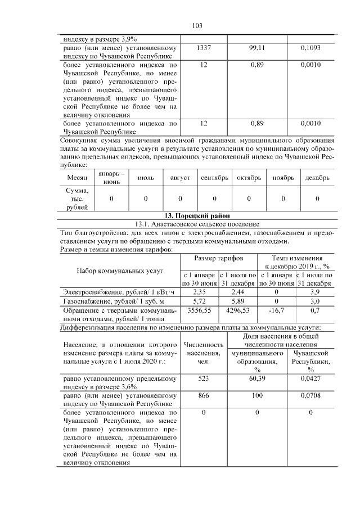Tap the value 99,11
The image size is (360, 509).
[257, 48]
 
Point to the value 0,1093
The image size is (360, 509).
[310, 48]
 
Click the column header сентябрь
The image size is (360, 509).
[214, 177]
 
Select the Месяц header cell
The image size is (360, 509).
[78, 177]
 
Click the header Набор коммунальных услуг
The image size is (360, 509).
[119, 271]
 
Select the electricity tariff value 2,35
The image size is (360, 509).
[200, 292]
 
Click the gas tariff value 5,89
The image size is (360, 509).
[238, 301]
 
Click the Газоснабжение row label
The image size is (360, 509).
[97, 301]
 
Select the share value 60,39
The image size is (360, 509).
[257, 379]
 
